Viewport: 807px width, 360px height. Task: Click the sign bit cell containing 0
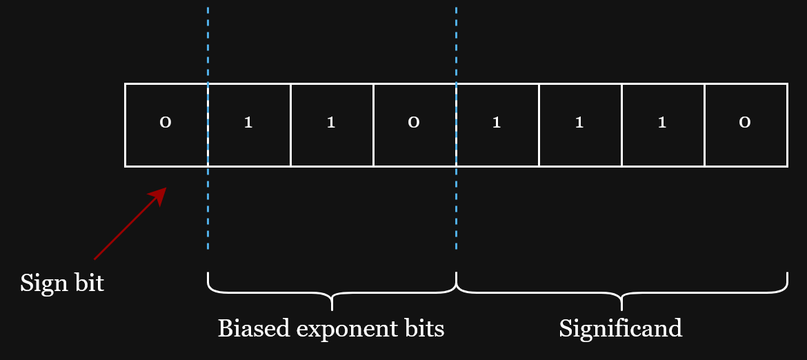(x=166, y=125)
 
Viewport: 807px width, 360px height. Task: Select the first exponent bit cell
(x=249, y=125)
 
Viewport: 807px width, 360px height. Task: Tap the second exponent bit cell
(x=332, y=125)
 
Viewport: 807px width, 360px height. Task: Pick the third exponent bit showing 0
(x=415, y=125)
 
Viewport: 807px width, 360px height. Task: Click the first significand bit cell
(x=498, y=125)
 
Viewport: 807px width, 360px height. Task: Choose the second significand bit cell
(x=581, y=125)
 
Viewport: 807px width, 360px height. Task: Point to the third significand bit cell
(x=664, y=125)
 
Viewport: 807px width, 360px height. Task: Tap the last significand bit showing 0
(x=746, y=125)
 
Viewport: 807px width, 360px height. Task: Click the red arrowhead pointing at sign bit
(x=159, y=196)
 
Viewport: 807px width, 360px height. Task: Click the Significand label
(x=621, y=329)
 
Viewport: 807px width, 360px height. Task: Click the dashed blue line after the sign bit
(x=208, y=128)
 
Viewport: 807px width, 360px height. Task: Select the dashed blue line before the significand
(x=457, y=128)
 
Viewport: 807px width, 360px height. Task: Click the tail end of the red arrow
(x=94, y=259)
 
